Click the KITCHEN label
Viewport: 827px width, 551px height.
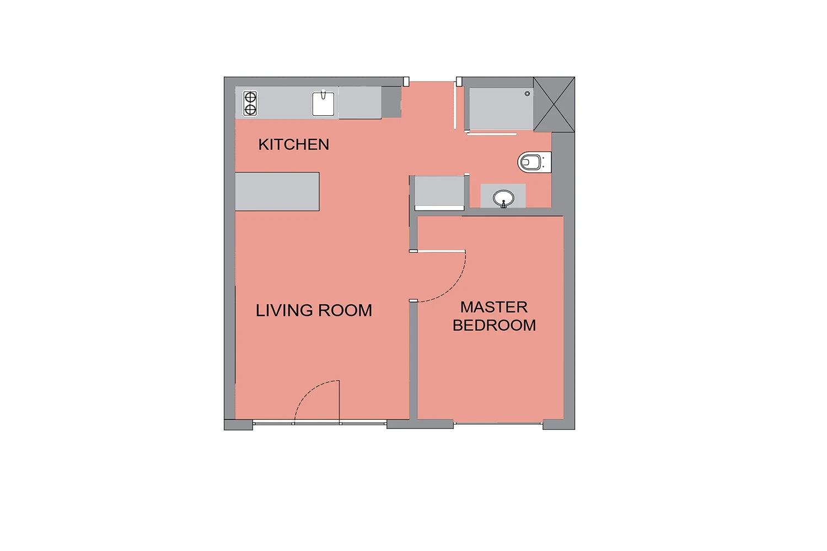pyautogui.click(x=293, y=144)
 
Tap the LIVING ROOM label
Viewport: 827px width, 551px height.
pyautogui.click(x=314, y=310)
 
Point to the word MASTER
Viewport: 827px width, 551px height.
pyautogui.click(x=494, y=307)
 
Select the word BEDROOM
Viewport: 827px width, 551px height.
pyautogui.click(x=494, y=325)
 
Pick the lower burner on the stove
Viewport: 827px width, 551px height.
pyautogui.click(x=250, y=110)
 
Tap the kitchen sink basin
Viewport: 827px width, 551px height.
pyautogui.click(x=323, y=104)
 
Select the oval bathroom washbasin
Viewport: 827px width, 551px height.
pyautogui.click(x=503, y=198)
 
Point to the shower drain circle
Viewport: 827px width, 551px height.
pyautogui.click(x=527, y=94)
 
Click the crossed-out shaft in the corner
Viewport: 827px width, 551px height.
pyautogui.click(x=554, y=105)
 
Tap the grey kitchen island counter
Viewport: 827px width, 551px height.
pyautogui.click(x=277, y=192)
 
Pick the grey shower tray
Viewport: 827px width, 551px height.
pyautogui.click(x=501, y=109)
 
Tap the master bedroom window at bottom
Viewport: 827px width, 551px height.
pyautogui.click(x=498, y=423)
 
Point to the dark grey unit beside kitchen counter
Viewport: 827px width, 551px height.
pyautogui.click(x=391, y=102)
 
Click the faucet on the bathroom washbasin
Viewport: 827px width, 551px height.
pyautogui.click(x=503, y=204)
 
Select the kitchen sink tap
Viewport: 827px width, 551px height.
pyautogui.click(x=324, y=94)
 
